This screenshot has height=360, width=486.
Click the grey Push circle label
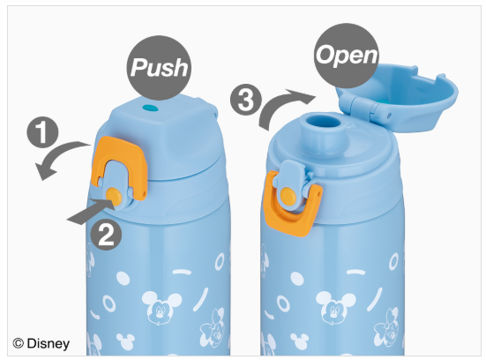pyautogui.click(x=159, y=68)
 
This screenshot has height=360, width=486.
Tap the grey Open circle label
pyautogui.click(x=347, y=56)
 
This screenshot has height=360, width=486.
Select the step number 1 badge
pyautogui.click(x=42, y=131)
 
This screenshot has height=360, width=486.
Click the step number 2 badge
pyautogui.click(x=106, y=235)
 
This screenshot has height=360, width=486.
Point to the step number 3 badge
pyautogui.click(x=246, y=101)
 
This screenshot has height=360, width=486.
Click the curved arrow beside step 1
pyautogui.click(x=57, y=155)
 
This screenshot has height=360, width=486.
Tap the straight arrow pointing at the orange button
pyautogui.click(x=90, y=212)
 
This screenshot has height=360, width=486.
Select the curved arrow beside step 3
pyautogui.click(x=279, y=105)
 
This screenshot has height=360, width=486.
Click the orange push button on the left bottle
pyautogui.click(x=114, y=196)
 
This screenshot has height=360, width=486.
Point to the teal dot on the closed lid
pyautogui.click(x=150, y=109)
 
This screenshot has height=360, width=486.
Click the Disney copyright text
pyautogui.click(x=41, y=343)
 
